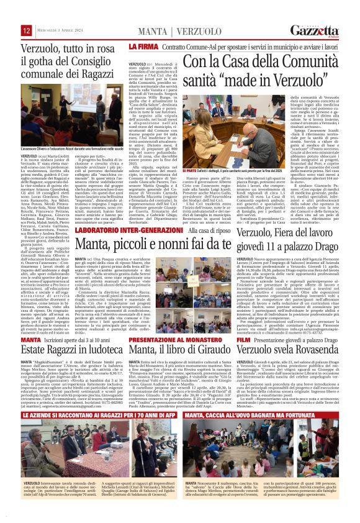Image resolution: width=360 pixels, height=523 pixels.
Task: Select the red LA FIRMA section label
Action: pos(141,47)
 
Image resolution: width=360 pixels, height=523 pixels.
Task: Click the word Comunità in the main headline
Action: pos(303,62)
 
